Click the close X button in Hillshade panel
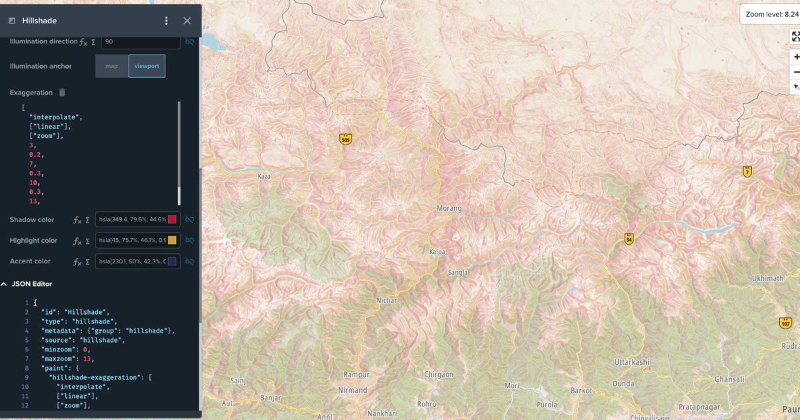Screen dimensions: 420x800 (x=187, y=21)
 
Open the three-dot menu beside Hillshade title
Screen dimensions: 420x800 (x=167, y=21)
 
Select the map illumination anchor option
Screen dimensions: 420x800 (x=111, y=66)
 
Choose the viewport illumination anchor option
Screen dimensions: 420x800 (x=147, y=66)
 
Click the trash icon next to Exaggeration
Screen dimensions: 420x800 (x=61, y=92)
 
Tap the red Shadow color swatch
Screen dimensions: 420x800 (x=172, y=219)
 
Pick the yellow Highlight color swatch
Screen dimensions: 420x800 (x=172, y=240)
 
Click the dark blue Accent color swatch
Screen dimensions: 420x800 (x=172, y=261)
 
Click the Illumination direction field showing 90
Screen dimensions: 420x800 (x=140, y=41)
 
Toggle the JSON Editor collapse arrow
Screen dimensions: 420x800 (x=5, y=284)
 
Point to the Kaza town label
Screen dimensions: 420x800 (x=264, y=177)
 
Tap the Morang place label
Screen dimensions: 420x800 (x=449, y=209)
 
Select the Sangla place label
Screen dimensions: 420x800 (x=457, y=273)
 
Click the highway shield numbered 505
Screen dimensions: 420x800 (x=345, y=139)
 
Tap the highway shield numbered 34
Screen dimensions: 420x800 (x=629, y=239)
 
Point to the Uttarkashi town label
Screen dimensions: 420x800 (x=631, y=361)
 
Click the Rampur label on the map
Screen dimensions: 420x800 (x=356, y=375)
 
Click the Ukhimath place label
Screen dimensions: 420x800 (x=767, y=278)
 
